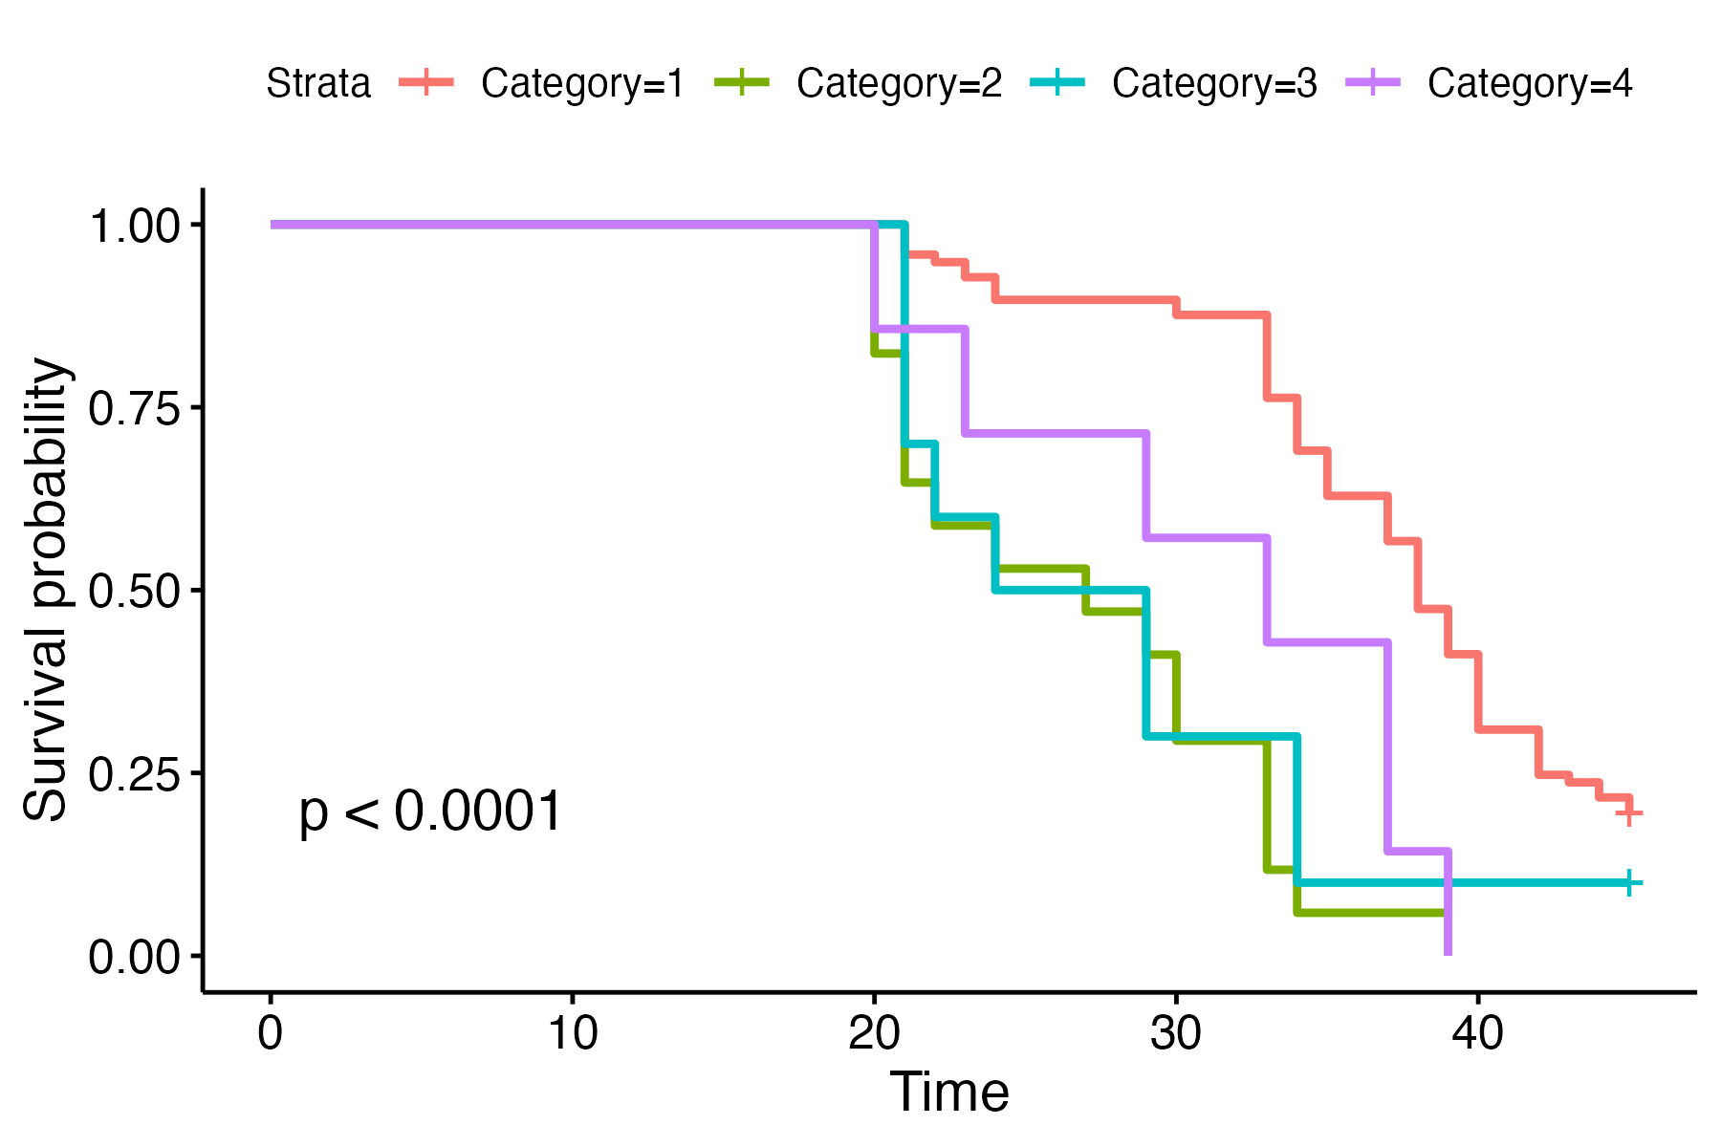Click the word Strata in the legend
[317, 84]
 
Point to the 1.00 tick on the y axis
[134, 227]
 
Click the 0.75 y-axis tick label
[134, 409]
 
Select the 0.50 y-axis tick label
[134, 592]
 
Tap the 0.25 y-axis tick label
[134, 774]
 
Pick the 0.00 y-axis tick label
[134, 957]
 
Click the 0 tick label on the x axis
[271, 1033]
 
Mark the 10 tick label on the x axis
[572, 1033]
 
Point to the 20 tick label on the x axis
[874, 1033]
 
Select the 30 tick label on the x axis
[1175, 1033]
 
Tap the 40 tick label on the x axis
[1477, 1033]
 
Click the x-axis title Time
[948, 1093]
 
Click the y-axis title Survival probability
[46, 590]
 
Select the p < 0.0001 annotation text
[430, 812]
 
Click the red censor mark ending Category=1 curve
[1628, 813]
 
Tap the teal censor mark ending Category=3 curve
[1628, 882]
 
